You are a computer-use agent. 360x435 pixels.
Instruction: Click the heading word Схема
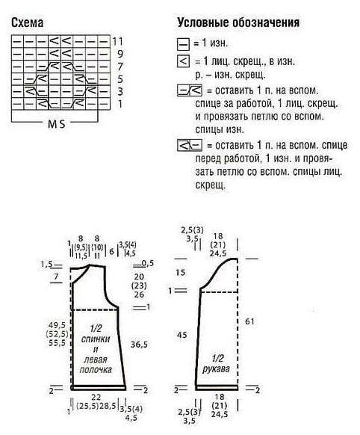27,22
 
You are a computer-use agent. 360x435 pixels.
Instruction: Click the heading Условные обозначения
238,22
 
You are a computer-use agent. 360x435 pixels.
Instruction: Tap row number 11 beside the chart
117,41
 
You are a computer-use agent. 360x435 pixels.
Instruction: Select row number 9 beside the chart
120,54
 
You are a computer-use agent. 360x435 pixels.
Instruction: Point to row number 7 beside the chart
120,67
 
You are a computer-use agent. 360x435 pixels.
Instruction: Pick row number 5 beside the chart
120,79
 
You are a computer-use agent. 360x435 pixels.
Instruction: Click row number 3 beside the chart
120,91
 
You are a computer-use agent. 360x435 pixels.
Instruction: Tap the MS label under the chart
57,124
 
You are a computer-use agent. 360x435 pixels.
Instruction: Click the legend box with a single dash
183,44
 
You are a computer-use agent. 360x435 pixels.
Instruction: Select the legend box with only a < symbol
183,61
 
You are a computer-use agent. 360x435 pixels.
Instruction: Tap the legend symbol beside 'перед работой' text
190,145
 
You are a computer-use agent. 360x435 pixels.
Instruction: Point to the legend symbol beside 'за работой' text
190,90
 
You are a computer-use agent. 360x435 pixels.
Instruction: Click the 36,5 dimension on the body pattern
139,345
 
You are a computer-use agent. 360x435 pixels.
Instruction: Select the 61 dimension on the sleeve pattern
249,321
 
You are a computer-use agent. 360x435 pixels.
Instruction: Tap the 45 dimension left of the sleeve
181,335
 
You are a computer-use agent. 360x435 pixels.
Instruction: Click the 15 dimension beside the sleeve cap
180,272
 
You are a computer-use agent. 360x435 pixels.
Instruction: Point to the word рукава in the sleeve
216,369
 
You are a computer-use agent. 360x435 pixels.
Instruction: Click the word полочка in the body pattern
96,370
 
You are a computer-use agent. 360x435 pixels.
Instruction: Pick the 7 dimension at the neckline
57,277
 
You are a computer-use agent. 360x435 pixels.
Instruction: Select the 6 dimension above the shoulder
111,252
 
